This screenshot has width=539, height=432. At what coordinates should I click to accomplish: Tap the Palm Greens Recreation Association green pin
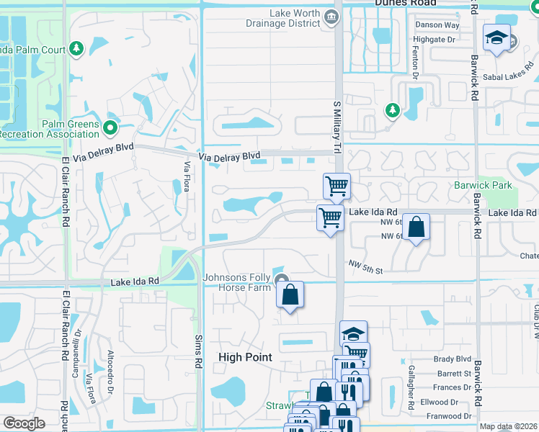point(110,128)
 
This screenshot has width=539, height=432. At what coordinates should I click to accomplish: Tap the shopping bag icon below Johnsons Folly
point(290,294)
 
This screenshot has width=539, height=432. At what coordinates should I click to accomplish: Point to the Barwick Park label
point(483,185)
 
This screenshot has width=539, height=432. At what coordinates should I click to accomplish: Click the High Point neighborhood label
point(245,357)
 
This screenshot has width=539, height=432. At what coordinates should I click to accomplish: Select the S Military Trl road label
point(336,126)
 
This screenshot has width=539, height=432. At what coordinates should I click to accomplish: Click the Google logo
point(24,423)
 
